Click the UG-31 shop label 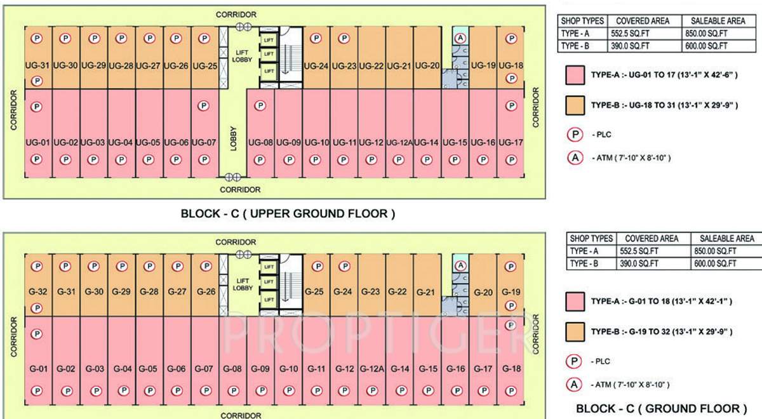(37, 65)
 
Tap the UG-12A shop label (399, 143)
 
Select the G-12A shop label (370, 369)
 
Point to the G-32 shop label (37, 292)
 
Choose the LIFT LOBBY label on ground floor (243, 284)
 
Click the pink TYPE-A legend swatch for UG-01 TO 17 (575, 75)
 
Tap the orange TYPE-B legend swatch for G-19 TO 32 (575, 331)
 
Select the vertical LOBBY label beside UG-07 (232, 136)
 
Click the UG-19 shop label (483, 65)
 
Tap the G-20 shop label (484, 292)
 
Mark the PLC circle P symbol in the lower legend (575, 361)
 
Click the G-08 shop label (233, 369)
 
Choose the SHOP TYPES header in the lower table (592, 239)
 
